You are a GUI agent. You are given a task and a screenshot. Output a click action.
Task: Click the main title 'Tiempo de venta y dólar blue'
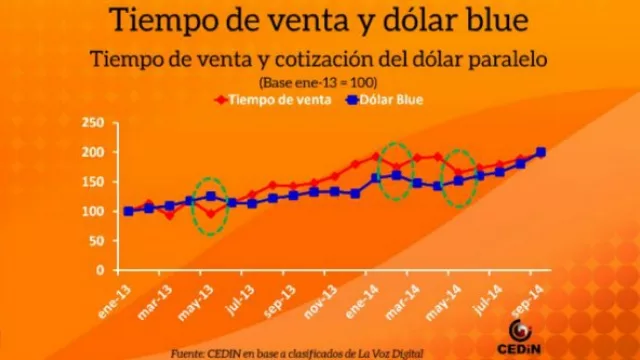pos(319,19)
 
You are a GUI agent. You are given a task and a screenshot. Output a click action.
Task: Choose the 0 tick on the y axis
pos(99,270)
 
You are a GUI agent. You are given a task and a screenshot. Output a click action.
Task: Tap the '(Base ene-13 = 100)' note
pos(319,80)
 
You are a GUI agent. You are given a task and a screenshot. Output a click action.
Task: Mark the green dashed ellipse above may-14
pos(459,178)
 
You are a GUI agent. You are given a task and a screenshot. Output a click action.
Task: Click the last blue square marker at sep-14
pos(541,153)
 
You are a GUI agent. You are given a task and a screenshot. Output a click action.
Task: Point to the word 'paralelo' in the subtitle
pos(510,57)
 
